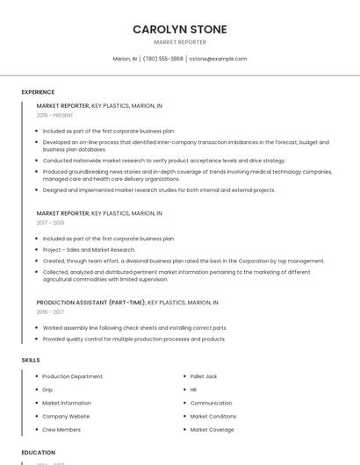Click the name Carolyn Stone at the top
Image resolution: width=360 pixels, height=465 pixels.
[x=179, y=29]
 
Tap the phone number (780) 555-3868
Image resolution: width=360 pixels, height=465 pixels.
[x=162, y=59]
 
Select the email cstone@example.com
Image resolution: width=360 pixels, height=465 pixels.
[x=218, y=59]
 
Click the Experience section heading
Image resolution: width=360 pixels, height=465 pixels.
[x=38, y=92]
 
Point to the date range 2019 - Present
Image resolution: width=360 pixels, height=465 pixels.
[x=55, y=115]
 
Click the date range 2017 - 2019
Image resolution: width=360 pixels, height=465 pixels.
[x=50, y=223]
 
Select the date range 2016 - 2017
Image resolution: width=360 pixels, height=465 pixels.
[x=50, y=311]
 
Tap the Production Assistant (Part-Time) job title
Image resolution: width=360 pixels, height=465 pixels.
[x=90, y=302]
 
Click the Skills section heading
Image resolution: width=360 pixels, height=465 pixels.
[x=30, y=360]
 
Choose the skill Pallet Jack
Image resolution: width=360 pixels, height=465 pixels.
[x=204, y=376]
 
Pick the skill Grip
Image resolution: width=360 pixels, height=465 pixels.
[x=47, y=390]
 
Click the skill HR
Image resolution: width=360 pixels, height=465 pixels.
[x=193, y=390]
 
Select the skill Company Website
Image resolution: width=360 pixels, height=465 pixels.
[x=66, y=416]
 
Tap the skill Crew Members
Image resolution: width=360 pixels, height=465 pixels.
[x=61, y=430]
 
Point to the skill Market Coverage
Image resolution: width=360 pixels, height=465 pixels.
[x=212, y=430]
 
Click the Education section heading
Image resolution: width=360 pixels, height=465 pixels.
[x=38, y=453]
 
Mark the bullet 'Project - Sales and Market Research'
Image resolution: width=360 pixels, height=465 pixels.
[x=89, y=250]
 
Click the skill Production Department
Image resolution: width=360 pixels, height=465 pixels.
[x=72, y=376]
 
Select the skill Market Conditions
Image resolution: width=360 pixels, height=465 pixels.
[x=212, y=416]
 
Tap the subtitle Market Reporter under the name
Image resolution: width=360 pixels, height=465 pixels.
[x=179, y=42]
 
